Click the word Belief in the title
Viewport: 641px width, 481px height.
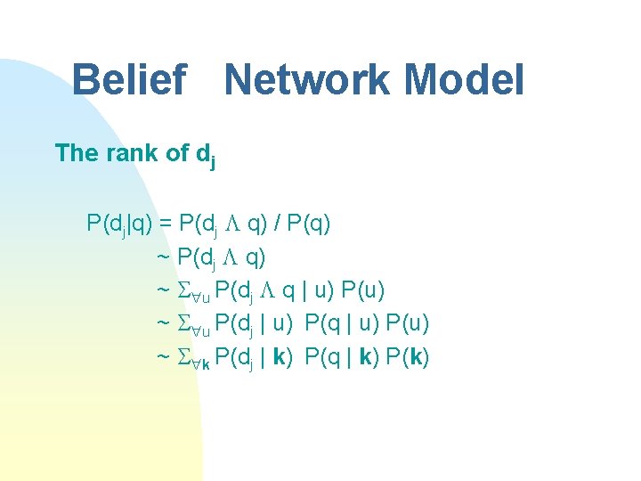click(128, 80)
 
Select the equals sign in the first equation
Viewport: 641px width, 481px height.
click(165, 223)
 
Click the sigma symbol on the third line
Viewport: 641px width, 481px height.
click(183, 290)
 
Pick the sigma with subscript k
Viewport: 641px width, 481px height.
click(183, 358)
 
